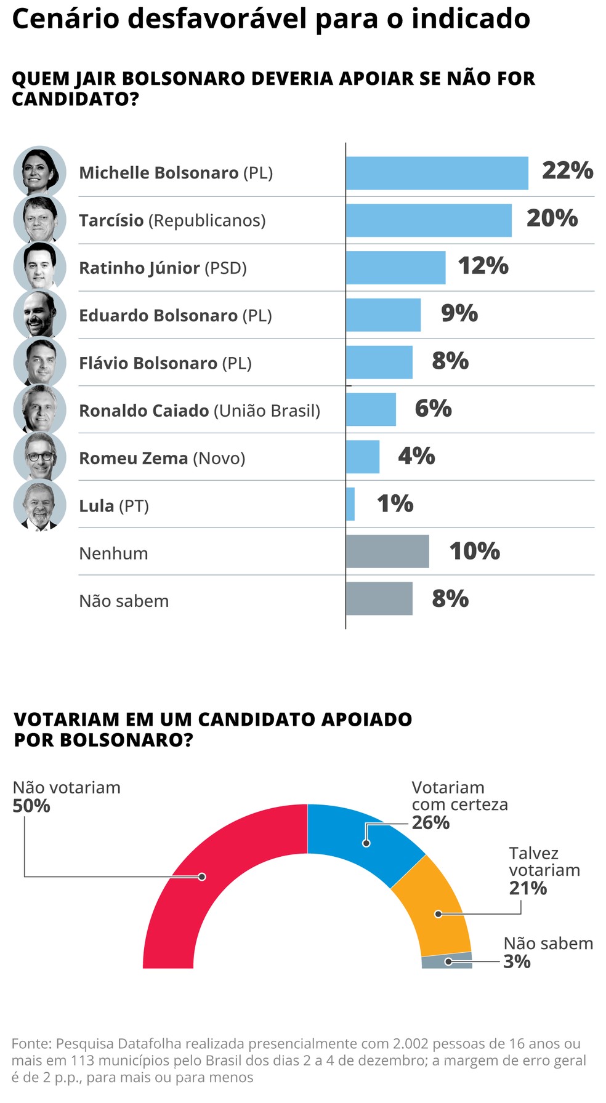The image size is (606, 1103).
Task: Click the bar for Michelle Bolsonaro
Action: pyautogui.click(x=437, y=173)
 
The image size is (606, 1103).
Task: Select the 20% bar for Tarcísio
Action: pyautogui.click(x=429, y=220)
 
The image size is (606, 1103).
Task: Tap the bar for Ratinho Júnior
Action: pyautogui.click(x=395, y=268)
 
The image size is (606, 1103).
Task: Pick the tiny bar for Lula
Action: pyautogui.click(x=350, y=504)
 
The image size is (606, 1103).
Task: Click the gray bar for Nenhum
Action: pyautogui.click(x=387, y=551)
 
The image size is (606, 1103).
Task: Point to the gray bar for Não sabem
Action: pyautogui.click(x=379, y=598)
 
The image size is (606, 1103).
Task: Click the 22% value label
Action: pyautogui.click(x=567, y=170)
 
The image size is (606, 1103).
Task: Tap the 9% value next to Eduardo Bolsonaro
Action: pyautogui.click(x=459, y=313)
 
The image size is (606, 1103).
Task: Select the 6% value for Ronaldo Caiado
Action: pyautogui.click(x=433, y=408)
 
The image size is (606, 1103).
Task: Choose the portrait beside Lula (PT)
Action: pyautogui.click(x=40, y=505)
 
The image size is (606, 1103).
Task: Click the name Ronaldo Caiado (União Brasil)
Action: pyautogui.click(x=200, y=411)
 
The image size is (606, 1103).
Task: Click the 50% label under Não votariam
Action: pyautogui.click(x=31, y=806)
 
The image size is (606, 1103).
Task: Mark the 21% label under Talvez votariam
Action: pyautogui.click(x=528, y=888)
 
